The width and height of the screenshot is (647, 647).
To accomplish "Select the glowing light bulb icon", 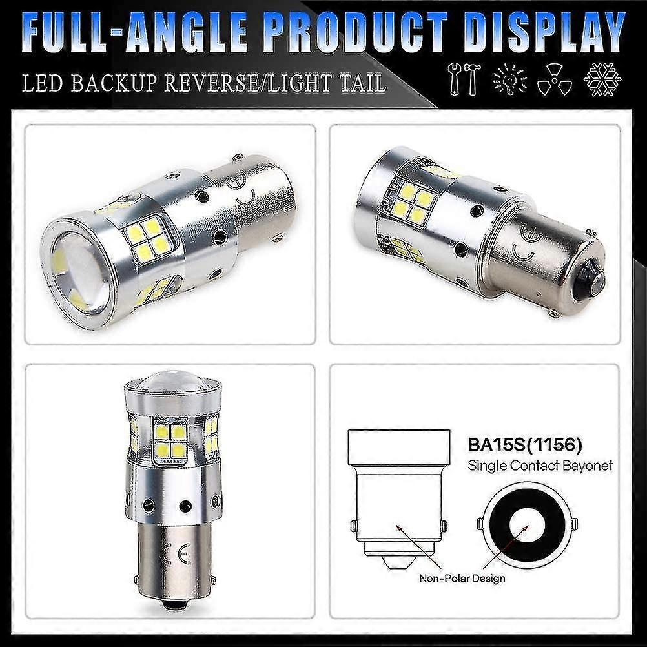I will point(509,80).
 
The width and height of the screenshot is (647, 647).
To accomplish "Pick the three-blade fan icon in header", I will point(555,80).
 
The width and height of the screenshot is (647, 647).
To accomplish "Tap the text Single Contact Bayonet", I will point(540,465).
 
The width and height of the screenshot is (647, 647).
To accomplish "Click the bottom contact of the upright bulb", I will point(173,605).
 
